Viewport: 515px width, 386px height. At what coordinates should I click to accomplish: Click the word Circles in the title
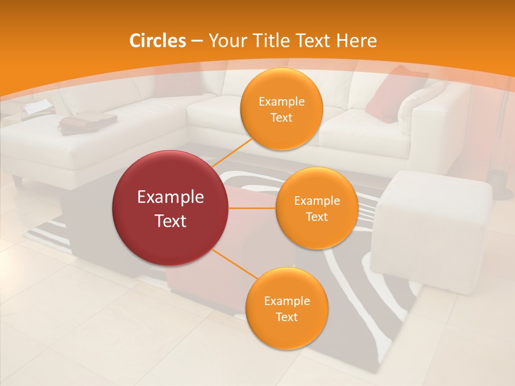click(x=157, y=41)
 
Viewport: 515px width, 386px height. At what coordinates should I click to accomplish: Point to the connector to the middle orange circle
click(x=252, y=208)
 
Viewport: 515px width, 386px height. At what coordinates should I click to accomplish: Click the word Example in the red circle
click(x=171, y=197)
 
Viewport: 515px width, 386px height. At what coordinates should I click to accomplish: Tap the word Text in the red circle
click(x=171, y=221)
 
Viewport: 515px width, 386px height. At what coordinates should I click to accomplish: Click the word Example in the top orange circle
click(x=282, y=102)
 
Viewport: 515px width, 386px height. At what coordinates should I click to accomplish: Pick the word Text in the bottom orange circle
click(x=286, y=317)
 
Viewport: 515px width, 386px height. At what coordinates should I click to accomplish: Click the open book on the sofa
click(x=38, y=107)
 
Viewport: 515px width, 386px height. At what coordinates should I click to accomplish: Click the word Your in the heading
click(x=226, y=41)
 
